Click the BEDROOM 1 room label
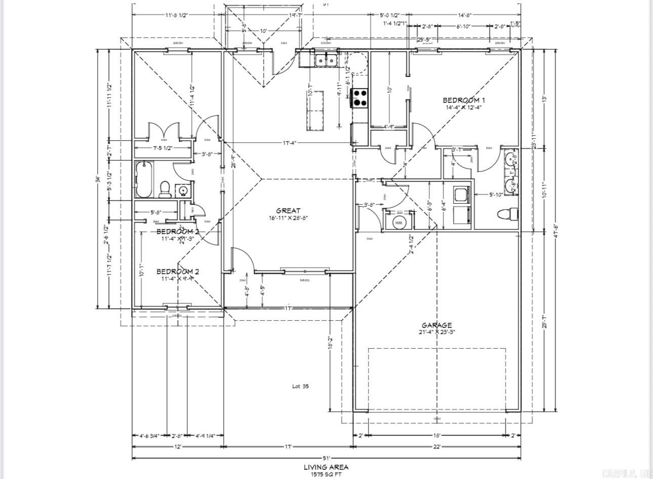(464, 100)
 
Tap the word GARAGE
(436, 325)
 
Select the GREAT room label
(288, 210)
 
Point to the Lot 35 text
(300, 386)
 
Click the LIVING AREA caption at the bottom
(326, 467)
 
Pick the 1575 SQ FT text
(326, 475)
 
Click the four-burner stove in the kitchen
(359, 97)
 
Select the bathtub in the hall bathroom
(144, 180)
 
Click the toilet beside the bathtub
(164, 189)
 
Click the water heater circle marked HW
(399, 223)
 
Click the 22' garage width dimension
(436, 447)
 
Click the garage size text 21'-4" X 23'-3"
(436, 333)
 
